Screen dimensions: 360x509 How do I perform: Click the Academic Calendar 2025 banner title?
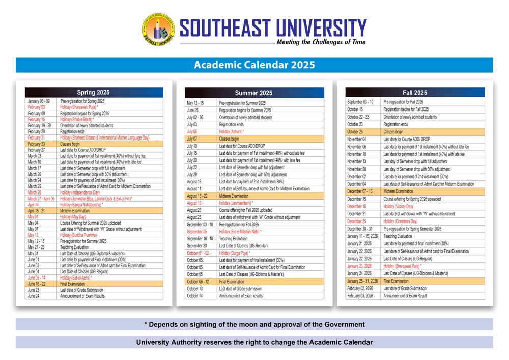tap(254, 65)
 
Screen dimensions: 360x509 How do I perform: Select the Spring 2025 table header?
tap(94, 93)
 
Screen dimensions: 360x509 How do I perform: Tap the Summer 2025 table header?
tap(253, 93)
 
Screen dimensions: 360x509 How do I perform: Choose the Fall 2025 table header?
tap(414, 93)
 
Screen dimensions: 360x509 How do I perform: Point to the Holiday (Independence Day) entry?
tap(80, 193)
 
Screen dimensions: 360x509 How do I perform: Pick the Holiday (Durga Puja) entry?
tap(235, 253)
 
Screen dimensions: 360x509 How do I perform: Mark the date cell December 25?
tap(356, 221)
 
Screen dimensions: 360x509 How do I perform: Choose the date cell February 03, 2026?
tap(360, 296)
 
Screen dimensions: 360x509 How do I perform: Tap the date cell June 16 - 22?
tap(37, 284)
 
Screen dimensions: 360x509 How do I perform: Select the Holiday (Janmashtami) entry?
tap(236, 203)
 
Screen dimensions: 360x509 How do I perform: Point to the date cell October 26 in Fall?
tap(355, 131)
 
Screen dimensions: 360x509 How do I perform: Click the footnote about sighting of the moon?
tap(254, 324)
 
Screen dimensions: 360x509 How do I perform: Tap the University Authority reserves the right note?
tap(254, 342)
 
